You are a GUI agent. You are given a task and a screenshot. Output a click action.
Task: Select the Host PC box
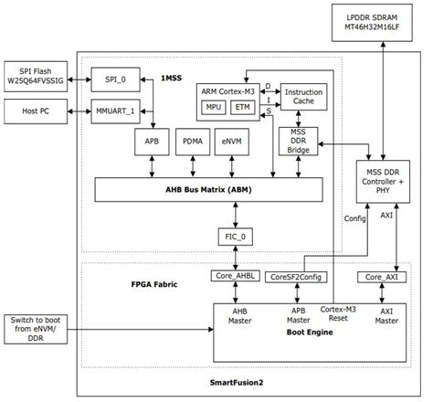point(37,111)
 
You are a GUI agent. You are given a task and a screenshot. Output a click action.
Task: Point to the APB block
point(151,143)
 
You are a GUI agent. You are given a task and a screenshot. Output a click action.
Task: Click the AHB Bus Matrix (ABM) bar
point(210,189)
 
